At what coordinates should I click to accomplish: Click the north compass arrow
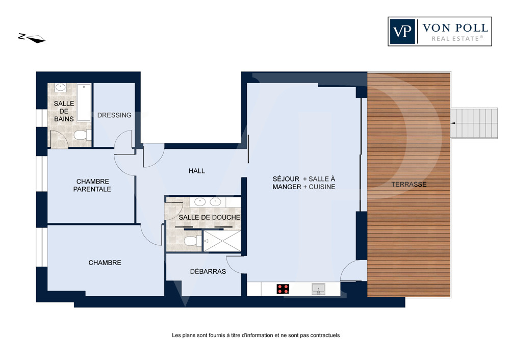click(36, 39)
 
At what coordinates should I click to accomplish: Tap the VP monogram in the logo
click(402, 32)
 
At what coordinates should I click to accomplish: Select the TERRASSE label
click(409, 185)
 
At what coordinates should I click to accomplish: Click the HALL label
click(197, 171)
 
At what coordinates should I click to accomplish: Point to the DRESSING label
click(114, 115)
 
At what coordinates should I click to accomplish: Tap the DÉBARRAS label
click(208, 271)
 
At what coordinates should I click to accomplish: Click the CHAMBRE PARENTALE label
click(92, 186)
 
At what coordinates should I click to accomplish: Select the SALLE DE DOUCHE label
click(210, 217)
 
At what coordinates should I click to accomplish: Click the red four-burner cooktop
click(283, 289)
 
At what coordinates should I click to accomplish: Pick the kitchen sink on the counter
click(318, 289)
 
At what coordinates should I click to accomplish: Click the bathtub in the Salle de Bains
click(84, 102)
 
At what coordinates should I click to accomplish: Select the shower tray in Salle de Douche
click(222, 241)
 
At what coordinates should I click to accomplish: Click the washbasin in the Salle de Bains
click(61, 87)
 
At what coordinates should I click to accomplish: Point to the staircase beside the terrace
click(474, 123)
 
